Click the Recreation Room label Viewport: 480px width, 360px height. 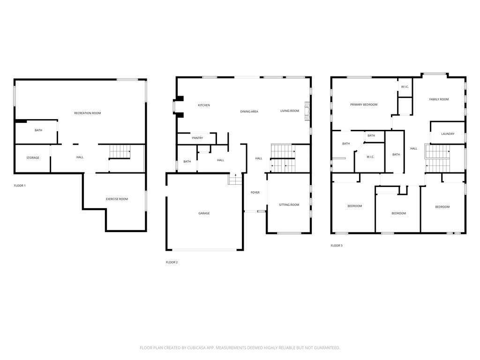tap(88, 113)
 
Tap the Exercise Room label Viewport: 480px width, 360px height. tap(117, 199)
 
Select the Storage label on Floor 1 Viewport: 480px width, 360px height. tap(33, 157)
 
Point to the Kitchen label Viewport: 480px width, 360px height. tap(204, 105)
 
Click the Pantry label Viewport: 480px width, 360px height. tap(197, 138)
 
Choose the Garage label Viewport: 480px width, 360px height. tap(204, 213)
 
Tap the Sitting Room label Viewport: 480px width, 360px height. tap(289, 204)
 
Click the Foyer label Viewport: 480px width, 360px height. tap(255, 192)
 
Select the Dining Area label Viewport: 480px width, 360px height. tap(249, 112)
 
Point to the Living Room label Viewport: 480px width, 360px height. tap(290, 111)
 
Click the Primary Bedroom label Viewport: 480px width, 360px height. tap(364, 105)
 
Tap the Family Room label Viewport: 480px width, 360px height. tap(439, 99)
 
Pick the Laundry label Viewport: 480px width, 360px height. tap(448, 134)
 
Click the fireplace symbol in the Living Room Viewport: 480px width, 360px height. tap(307, 111)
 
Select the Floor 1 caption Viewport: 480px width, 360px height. tap(20, 186)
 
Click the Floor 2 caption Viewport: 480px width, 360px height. tap(172, 262)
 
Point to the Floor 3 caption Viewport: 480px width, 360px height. tap(337, 246)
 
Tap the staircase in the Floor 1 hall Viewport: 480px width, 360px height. tap(120, 151)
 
